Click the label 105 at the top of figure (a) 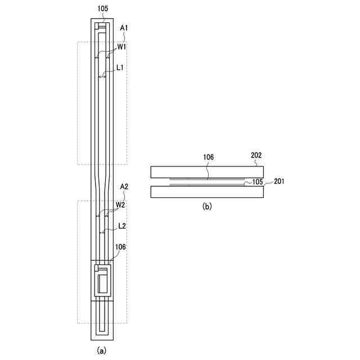click(x=102, y=9)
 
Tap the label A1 click(x=124, y=28)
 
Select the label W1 click(x=121, y=47)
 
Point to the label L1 click(x=120, y=67)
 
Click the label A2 click(x=124, y=187)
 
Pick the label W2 click(x=120, y=205)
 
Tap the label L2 click(x=122, y=226)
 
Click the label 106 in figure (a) click(x=120, y=247)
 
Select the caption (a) click(x=101, y=350)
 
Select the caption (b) click(x=207, y=206)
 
